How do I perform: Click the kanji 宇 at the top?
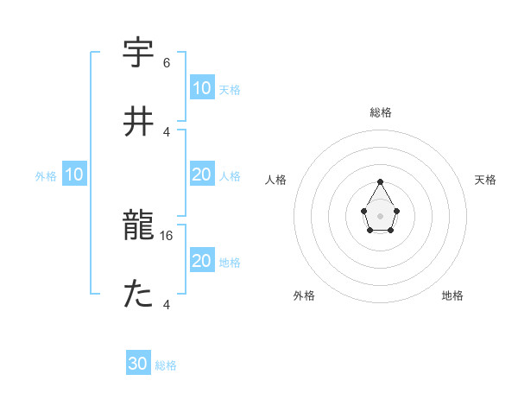click(138, 54)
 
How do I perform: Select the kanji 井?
click(138, 121)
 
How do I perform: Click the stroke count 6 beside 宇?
click(167, 63)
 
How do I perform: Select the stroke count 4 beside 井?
click(167, 131)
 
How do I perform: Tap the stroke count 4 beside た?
click(167, 304)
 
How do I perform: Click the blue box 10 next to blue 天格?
click(202, 88)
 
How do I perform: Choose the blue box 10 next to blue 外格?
click(74, 175)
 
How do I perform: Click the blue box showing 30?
click(138, 365)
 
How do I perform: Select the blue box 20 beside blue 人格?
click(202, 174)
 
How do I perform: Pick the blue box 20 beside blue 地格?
click(202, 261)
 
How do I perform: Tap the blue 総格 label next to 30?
click(166, 365)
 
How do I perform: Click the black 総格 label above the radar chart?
click(381, 112)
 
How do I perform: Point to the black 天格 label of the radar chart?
click(486, 180)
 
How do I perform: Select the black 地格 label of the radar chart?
click(452, 295)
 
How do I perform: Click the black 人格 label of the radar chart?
click(276, 180)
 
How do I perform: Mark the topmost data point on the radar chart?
click(381, 181)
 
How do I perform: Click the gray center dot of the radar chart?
click(381, 214)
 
